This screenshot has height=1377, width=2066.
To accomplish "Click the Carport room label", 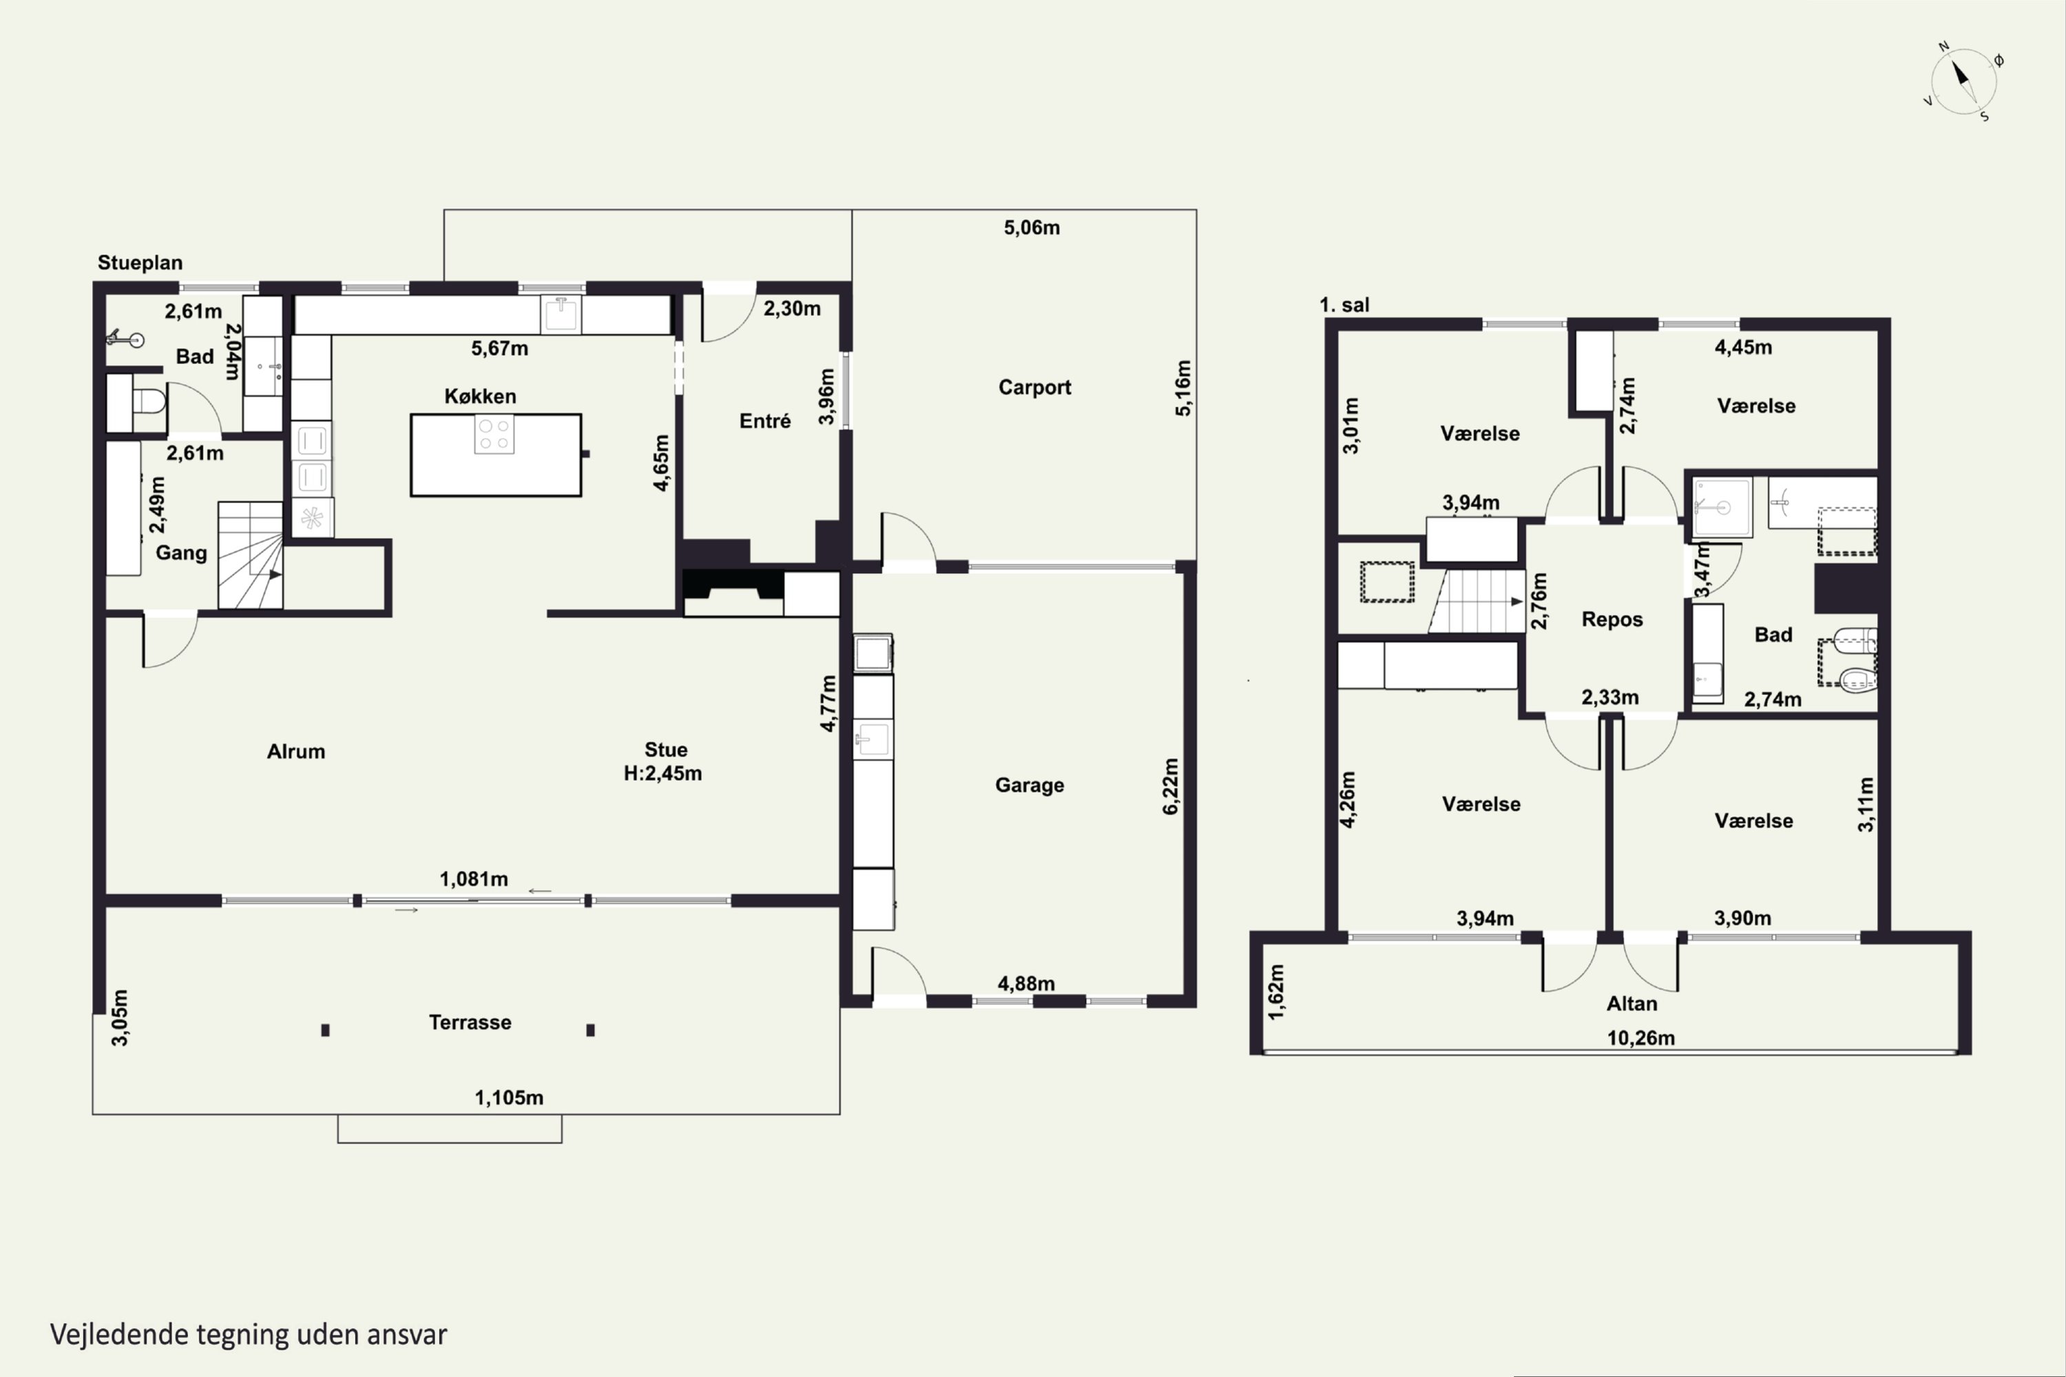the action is (1035, 387).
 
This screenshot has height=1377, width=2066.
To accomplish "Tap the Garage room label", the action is (1030, 785).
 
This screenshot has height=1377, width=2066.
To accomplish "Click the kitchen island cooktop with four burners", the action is (494, 434).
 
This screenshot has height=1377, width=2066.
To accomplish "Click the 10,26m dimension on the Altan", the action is (1641, 1038).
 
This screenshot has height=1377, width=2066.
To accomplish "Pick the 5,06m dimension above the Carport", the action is (1032, 227).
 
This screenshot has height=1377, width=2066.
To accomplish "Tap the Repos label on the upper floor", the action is (1612, 619).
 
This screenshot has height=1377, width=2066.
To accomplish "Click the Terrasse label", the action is (470, 1022).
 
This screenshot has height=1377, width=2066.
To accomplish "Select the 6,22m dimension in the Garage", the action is (1170, 787).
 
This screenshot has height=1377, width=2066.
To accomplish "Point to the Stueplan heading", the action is (140, 262).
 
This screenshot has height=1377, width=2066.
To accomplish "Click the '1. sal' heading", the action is (1344, 305).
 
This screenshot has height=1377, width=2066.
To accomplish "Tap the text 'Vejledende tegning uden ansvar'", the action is (249, 1335).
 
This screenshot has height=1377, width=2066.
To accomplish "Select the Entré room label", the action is (765, 421).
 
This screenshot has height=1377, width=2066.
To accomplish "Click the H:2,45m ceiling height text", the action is (662, 774).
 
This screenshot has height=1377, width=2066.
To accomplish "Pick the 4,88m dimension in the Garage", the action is (1026, 984).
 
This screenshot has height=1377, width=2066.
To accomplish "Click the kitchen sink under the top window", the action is (561, 313).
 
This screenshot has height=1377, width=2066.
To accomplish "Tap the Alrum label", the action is (296, 752).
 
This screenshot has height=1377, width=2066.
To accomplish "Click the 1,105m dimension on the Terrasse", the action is (509, 1097).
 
